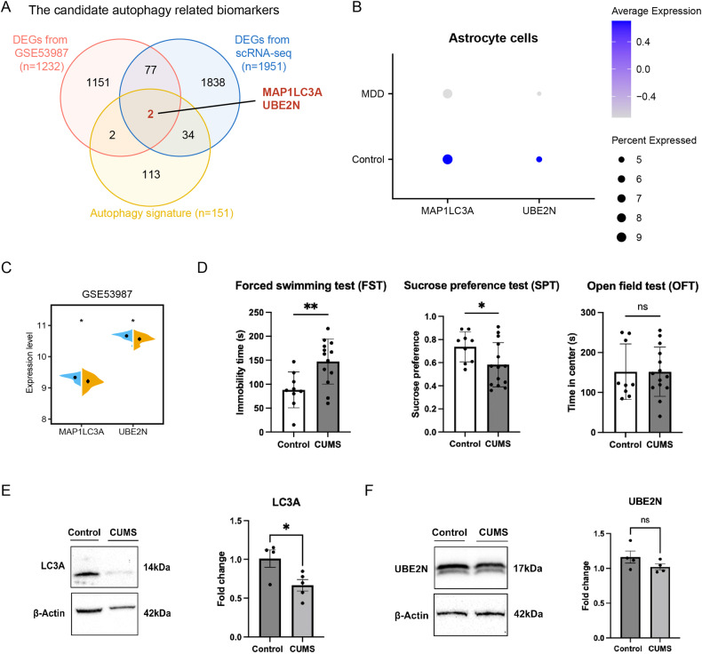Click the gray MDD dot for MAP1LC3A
(448, 93)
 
